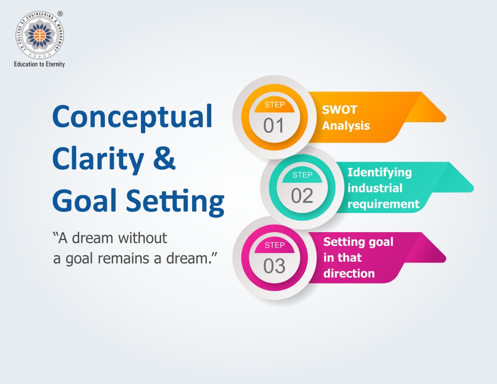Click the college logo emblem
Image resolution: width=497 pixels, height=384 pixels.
click(40, 35)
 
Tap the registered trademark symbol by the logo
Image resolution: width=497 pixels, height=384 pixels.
click(60, 14)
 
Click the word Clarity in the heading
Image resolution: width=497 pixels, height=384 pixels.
click(98, 160)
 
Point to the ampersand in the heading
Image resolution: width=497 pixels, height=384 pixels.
click(164, 158)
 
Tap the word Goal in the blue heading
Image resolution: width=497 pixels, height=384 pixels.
click(85, 200)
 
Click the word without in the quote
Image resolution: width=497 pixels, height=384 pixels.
click(143, 238)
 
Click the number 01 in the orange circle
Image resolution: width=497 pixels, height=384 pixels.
click(274, 125)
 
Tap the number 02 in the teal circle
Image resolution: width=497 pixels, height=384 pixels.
click(302, 196)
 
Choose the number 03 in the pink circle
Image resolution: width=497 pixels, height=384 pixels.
click(274, 266)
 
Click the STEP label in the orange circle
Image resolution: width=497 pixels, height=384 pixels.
click(275, 105)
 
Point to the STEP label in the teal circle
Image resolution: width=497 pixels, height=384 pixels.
click(302, 175)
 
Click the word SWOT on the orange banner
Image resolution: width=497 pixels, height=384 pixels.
click(339, 110)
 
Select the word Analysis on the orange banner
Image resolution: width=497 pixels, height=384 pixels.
click(346, 126)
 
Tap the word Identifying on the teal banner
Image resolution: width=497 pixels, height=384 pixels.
click(380, 173)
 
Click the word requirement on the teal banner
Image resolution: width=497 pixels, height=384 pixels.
click(384, 204)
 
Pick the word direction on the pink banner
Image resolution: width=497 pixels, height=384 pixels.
click(349, 273)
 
